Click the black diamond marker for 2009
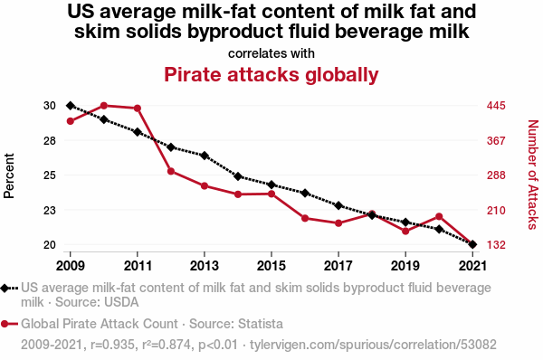pos(71,106)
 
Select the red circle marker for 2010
pos(104,106)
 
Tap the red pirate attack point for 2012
pos(171,171)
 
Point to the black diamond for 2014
pos(238,176)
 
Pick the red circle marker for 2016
pos(305,218)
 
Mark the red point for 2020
pos(439,217)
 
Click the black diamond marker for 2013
pos(205,156)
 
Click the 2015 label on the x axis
pos(271,266)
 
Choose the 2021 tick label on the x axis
pos(472,266)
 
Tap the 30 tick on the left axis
pos(50,106)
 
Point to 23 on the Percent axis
pos(50,210)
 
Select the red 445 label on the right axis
pos(496,106)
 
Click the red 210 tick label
pos(496,210)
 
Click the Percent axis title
pos(9,175)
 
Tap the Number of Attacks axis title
pos(533,175)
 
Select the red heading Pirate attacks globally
pos(271,75)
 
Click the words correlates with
pos(271,53)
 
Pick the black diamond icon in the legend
pos(5,288)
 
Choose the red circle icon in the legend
pos(5,324)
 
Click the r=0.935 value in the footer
pos(112,345)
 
